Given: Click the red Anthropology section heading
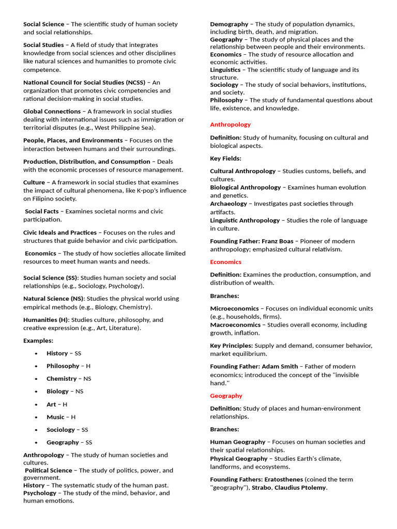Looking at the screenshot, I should coord(230,125).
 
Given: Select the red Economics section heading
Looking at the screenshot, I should coord(225,262).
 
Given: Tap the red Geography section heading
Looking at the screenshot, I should coord(226,396).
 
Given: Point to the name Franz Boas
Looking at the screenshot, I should coord(278,241).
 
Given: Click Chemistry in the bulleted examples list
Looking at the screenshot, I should coord(62,379).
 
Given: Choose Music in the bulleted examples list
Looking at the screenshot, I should coord(55,417).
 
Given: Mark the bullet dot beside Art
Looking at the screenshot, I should coord(36,404).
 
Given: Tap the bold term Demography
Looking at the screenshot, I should coord(229,24).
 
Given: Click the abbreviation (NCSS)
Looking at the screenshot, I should coord(132,82).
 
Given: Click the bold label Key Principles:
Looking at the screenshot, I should coord(231,346).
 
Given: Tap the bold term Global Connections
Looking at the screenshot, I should coord(52,111).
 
